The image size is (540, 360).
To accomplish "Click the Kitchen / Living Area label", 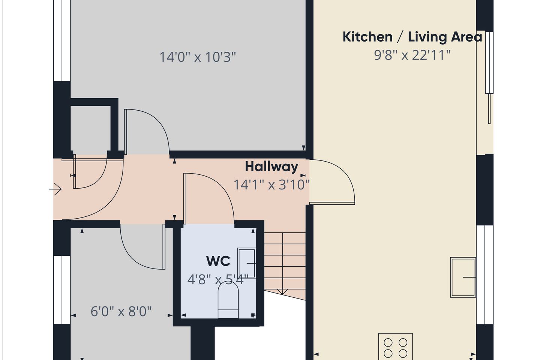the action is click(412, 37).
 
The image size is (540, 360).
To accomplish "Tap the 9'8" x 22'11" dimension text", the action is click(412, 55).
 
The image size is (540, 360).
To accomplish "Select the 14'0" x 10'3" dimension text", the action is click(197, 57).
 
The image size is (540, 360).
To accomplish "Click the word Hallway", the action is click(271, 167).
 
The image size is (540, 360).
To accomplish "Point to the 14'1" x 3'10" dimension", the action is click(271, 185).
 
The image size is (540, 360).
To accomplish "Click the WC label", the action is click(218, 261).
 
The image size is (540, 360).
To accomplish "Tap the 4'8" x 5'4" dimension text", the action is click(218, 280).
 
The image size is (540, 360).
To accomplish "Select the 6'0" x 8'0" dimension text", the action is click(121, 311).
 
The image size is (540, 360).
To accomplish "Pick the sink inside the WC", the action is click(246, 263).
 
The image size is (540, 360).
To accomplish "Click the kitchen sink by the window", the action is click(463, 277).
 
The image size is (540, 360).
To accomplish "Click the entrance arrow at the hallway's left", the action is click(55, 189).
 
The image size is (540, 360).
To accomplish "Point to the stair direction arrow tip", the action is click(282, 294).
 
